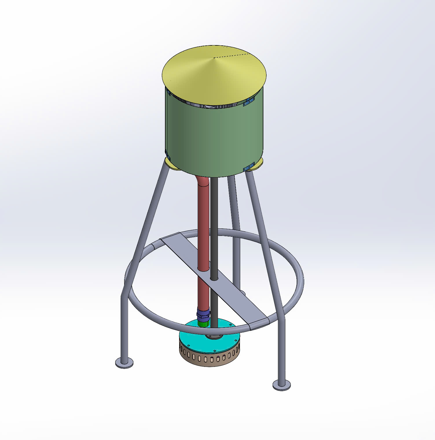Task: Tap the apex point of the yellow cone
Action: click(214, 58)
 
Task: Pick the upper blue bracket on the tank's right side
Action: click(249, 101)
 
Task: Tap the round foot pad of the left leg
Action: click(124, 363)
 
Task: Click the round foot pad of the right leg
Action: click(281, 385)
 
